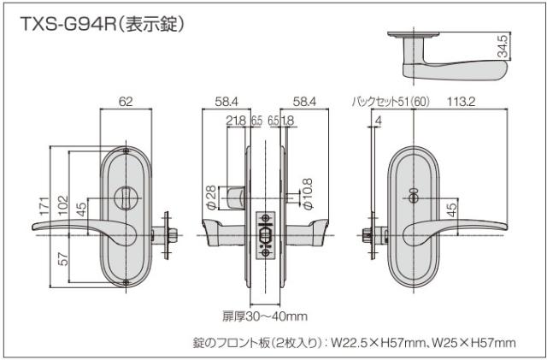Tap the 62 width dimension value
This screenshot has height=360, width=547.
click(x=126, y=103)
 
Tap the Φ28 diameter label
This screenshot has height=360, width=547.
click(x=211, y=196)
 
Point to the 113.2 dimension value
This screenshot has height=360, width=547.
click(x=459, y=103)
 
